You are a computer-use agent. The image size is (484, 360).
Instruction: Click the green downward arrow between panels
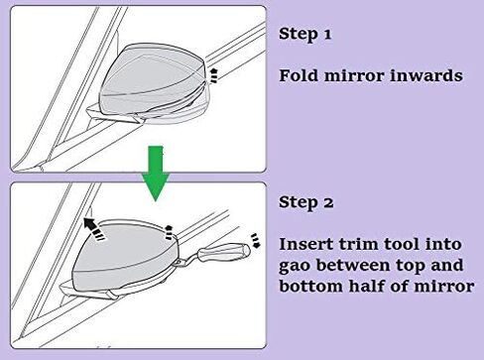[156, 173]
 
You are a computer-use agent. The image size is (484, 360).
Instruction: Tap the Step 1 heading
[304, 34]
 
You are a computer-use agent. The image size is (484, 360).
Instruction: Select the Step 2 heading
[305, 202]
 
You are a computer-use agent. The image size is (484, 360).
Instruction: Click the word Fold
[299, 75]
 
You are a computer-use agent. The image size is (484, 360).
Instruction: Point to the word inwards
[425, 75]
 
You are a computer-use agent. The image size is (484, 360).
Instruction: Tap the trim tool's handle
[224, 252]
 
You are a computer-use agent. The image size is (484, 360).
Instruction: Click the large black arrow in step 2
[93, 228]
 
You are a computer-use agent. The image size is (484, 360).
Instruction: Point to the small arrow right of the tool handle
[256, 240]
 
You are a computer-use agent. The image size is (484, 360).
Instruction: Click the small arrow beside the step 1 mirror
[214, 75]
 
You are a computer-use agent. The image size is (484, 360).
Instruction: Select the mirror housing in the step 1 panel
[154, 84]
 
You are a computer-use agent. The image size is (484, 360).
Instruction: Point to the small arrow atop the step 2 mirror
[169, 232]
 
